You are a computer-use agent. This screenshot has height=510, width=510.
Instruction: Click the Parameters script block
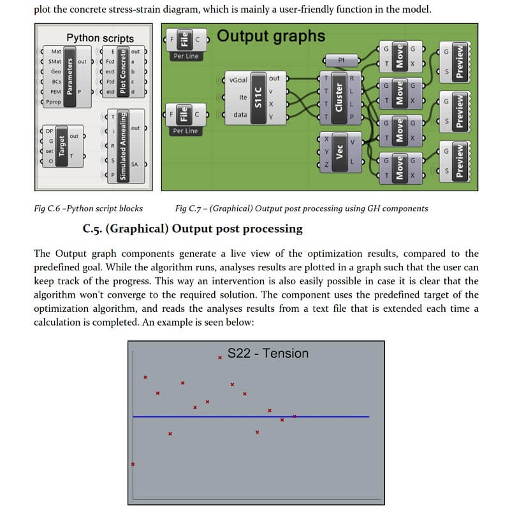67,76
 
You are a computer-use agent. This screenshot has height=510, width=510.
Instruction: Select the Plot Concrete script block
123,71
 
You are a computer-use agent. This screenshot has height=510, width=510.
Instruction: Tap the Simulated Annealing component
124,146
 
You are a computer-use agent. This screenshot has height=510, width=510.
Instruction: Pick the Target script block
62,146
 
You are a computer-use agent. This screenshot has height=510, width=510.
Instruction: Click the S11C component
256,98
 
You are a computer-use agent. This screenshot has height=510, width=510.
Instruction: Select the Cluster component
340,98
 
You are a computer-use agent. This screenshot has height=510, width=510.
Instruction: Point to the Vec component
340,152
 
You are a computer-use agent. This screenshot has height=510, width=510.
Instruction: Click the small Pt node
341,60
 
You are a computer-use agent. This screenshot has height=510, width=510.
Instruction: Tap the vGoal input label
238,80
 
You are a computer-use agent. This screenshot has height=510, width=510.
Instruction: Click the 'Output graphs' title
271,36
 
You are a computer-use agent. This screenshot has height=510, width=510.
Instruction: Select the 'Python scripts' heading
100,38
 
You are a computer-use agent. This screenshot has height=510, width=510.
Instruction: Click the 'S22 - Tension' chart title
268,353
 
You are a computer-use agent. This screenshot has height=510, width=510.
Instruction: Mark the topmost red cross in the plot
220,358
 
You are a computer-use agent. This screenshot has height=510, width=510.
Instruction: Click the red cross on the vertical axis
133,464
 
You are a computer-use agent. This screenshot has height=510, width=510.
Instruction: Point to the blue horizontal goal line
251,417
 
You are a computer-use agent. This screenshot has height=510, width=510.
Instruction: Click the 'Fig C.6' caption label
47,208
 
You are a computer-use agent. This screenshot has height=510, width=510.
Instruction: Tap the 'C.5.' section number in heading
92,229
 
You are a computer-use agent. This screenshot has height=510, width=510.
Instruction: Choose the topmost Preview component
455,62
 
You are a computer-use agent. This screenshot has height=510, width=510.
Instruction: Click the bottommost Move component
400,168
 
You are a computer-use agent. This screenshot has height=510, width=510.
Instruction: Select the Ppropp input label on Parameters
54,102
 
